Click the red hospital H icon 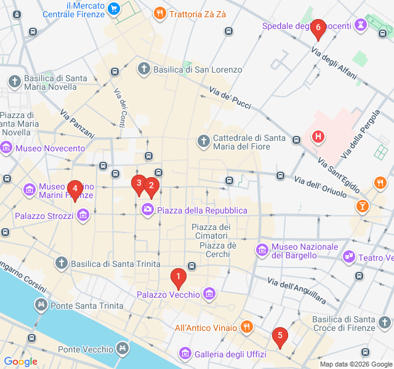point(318,136)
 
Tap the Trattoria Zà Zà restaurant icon point(159,12)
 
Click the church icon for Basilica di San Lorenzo point(143,69)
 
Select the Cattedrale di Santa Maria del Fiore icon point(203,142)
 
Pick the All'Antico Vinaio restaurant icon point(246,327)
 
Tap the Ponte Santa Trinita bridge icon point(41,304)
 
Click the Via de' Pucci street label point(230,98)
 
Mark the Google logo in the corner point(20,362)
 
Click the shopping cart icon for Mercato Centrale point(113,8)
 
